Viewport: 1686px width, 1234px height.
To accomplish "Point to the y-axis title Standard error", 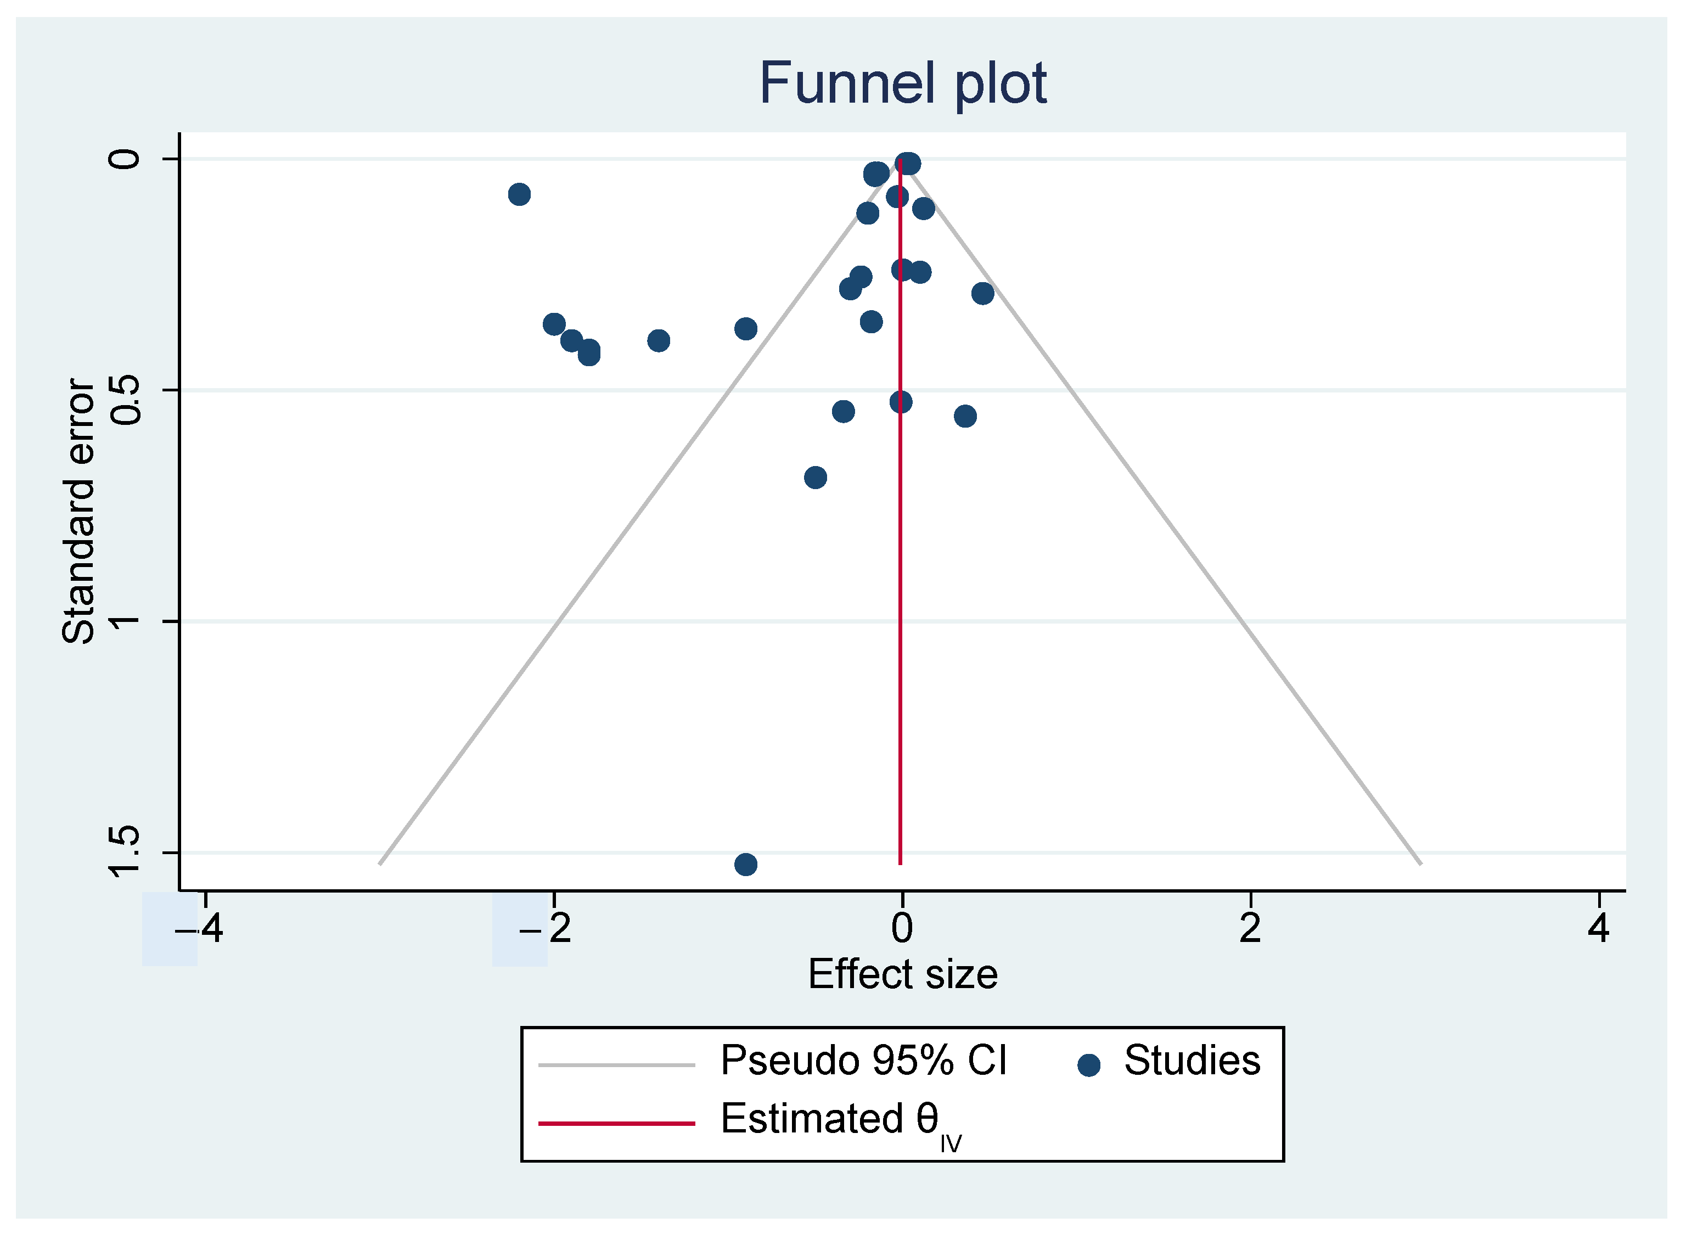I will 78,511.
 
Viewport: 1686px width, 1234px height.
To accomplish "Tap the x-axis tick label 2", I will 1250,928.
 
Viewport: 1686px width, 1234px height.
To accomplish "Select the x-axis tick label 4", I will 1598,928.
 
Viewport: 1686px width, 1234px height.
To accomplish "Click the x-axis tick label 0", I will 902,928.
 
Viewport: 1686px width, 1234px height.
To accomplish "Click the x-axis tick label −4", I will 199,928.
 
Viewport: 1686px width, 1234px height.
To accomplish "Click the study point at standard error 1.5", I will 745,864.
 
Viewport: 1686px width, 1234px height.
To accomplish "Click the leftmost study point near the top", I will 519,194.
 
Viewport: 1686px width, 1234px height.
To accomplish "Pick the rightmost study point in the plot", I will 982,293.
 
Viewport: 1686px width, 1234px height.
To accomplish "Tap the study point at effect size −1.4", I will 658,341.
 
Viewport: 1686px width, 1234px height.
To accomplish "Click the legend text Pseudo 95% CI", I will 863,1060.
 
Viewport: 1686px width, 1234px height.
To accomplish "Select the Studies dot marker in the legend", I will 1089,1065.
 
